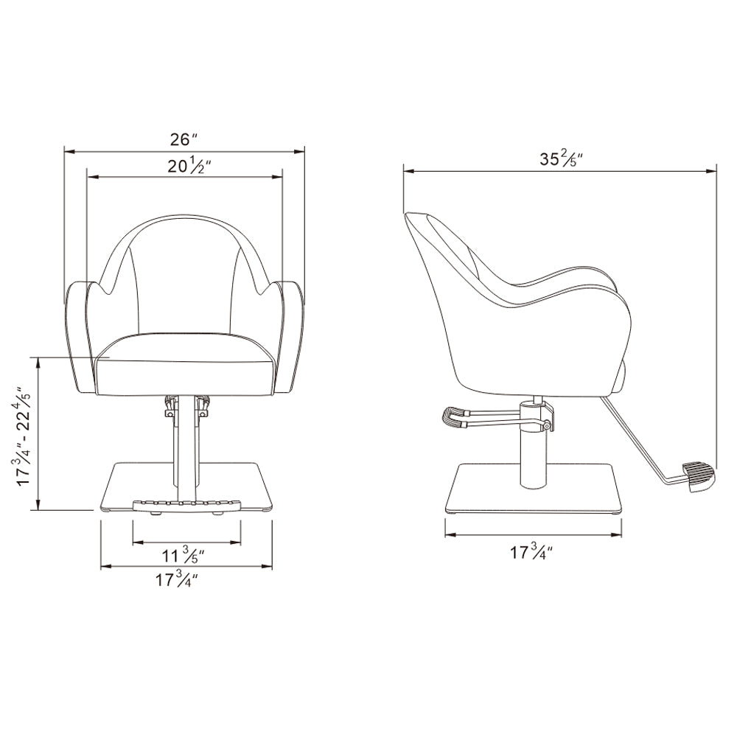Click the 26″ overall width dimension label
click(184, 139)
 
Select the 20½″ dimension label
click(189, 167)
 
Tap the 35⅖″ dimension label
click(561, 158)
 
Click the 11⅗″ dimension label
click(184, 556)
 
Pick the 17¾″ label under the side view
click(531, 551)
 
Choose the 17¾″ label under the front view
click(176, 579)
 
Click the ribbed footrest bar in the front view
click(186, 506)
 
